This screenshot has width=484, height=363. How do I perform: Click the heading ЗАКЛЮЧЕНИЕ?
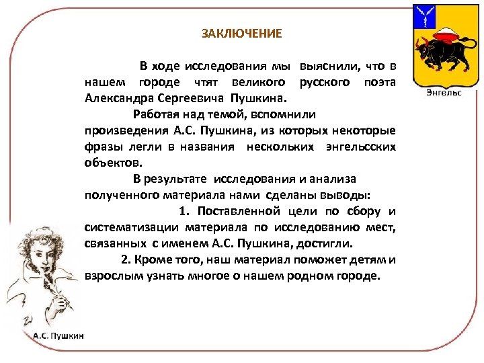click(242, 33)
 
